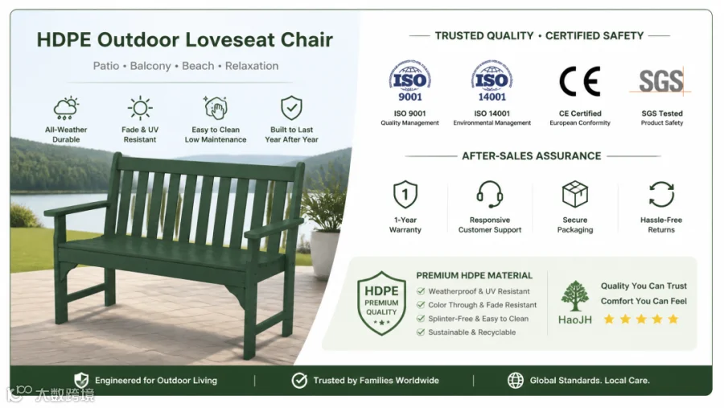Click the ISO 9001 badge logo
coord(409,80)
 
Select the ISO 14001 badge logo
coord(492,80)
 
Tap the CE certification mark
coord(580,81)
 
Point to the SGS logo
coord(660,81)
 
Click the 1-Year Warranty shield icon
coord(405,195)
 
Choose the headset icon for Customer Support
coord(489,195)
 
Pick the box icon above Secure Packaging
coord(575,195)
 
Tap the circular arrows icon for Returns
coord(661,195)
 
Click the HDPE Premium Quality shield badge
coord(381,303)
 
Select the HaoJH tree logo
coord(575,295)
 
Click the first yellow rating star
coord(609,319)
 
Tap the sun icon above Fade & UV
coord(140,109)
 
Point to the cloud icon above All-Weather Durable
coord(66,109)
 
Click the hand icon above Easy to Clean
coord(216,108)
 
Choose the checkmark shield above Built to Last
coord(291,108)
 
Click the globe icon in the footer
coord(516,381)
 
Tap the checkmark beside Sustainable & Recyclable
coord(420,332)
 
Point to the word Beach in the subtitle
coord(198,66)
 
